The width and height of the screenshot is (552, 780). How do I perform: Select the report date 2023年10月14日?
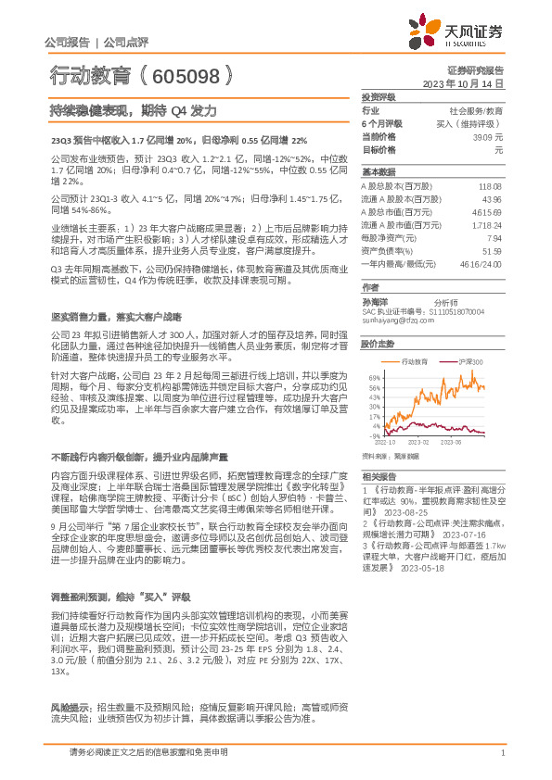tap(462, 83)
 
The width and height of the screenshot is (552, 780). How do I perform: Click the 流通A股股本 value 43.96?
tap(492, 199)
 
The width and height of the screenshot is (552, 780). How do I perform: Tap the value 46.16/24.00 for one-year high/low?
tap(481, 264)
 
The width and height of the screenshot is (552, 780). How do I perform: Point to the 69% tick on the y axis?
tap(375, 378)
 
